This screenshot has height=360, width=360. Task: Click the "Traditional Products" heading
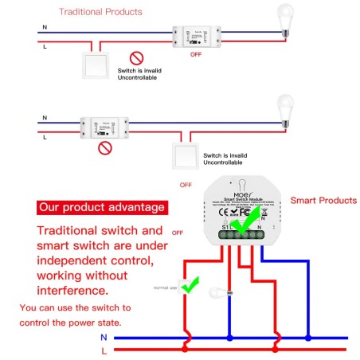point(101,12)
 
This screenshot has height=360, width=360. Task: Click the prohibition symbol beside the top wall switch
point(136,58)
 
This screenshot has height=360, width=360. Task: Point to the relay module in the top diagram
point(195,36)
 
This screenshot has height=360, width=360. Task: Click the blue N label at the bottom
point(104,338)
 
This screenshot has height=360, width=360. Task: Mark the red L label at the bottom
point(104,350)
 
